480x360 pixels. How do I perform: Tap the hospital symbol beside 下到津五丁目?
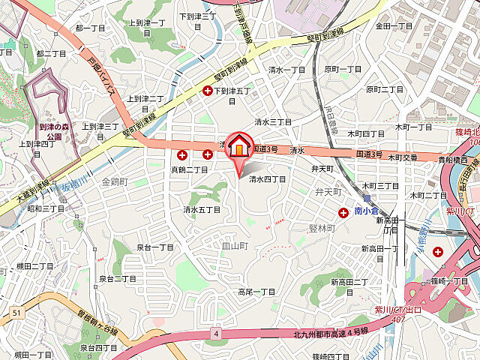point(208,91)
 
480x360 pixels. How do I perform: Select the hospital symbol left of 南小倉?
point(343,213)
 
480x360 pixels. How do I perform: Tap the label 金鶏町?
point(114,181)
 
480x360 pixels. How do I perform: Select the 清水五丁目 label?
point(202,209)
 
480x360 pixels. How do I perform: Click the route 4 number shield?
point(215,333)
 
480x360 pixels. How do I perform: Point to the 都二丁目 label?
point(52,54)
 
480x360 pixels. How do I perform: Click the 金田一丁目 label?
point(394,26)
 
